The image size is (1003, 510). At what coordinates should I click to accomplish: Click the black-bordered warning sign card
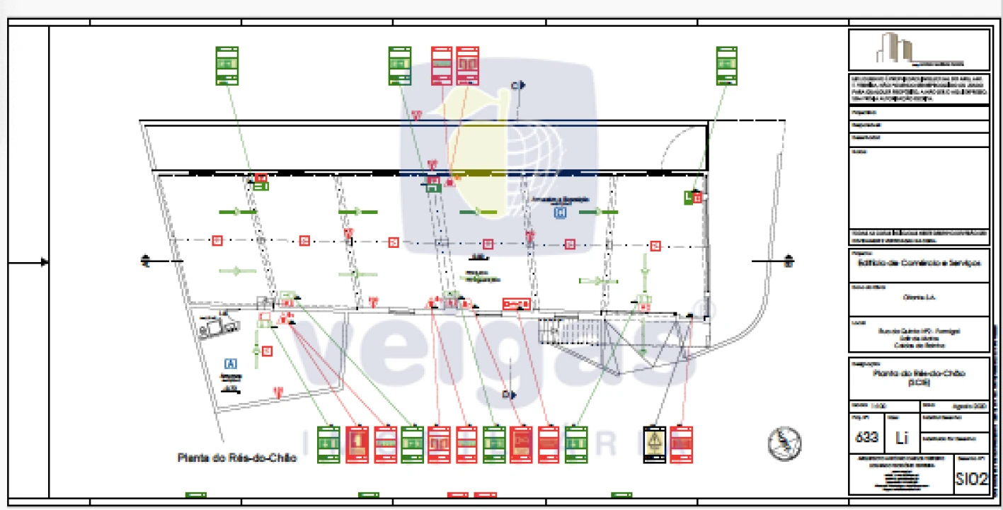click(x=655, y=445)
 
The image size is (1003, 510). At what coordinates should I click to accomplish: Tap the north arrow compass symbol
click(x=784, y=443)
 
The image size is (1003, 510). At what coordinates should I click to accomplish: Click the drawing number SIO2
click(x=971, y=480)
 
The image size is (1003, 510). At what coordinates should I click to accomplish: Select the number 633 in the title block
click(x=866, y=437)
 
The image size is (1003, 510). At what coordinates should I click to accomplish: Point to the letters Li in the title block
click(x=902, y=438)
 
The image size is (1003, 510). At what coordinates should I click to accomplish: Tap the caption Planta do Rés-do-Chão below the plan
click(x=236, y=458)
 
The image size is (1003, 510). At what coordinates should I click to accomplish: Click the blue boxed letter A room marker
click(x=230, y=363)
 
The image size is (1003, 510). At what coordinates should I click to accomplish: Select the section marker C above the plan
click(x=518, y=86)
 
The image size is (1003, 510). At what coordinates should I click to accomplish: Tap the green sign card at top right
click(x=726, y=66)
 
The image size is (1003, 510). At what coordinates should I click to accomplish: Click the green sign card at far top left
click(x=227, y=66)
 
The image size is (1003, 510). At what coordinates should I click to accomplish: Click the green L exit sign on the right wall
click(x=688, y=198)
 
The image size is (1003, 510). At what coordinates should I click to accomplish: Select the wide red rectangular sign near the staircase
click(x=516, y=304)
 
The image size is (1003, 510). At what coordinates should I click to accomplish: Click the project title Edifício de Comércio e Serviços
click(x=918, y=263)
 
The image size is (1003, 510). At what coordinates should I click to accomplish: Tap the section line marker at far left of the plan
click(x=146, y=261)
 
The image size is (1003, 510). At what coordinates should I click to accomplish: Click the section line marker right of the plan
click(x=789, y=261)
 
